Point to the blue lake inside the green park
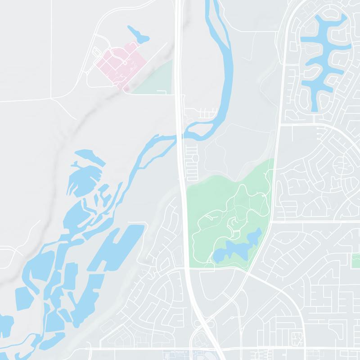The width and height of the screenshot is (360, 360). coord(238,247)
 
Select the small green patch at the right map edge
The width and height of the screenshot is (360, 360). coord(355,261)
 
